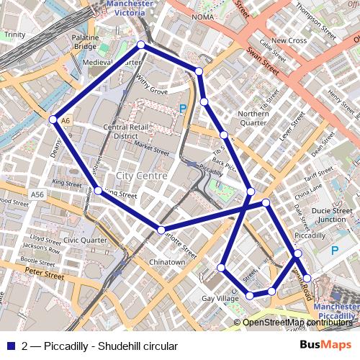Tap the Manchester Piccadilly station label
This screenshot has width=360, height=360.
[336, 310]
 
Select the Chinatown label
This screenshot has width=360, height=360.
[166, 262]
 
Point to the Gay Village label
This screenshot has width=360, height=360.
[220, 298]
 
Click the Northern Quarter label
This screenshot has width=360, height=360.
[253, 118]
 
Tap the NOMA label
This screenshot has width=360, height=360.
[203, 17]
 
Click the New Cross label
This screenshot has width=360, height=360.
[289, 41]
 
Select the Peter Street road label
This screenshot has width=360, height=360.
[45, 274]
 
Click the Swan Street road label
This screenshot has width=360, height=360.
[262, 61]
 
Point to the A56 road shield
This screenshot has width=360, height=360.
[37, 194]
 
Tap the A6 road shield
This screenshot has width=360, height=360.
[66, 120]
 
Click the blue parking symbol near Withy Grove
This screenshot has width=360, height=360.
[183, 108]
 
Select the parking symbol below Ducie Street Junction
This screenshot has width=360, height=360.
[333, 251]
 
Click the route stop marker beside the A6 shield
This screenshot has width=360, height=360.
[53, 120]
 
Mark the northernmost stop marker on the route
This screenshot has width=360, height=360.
[140, 45]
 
